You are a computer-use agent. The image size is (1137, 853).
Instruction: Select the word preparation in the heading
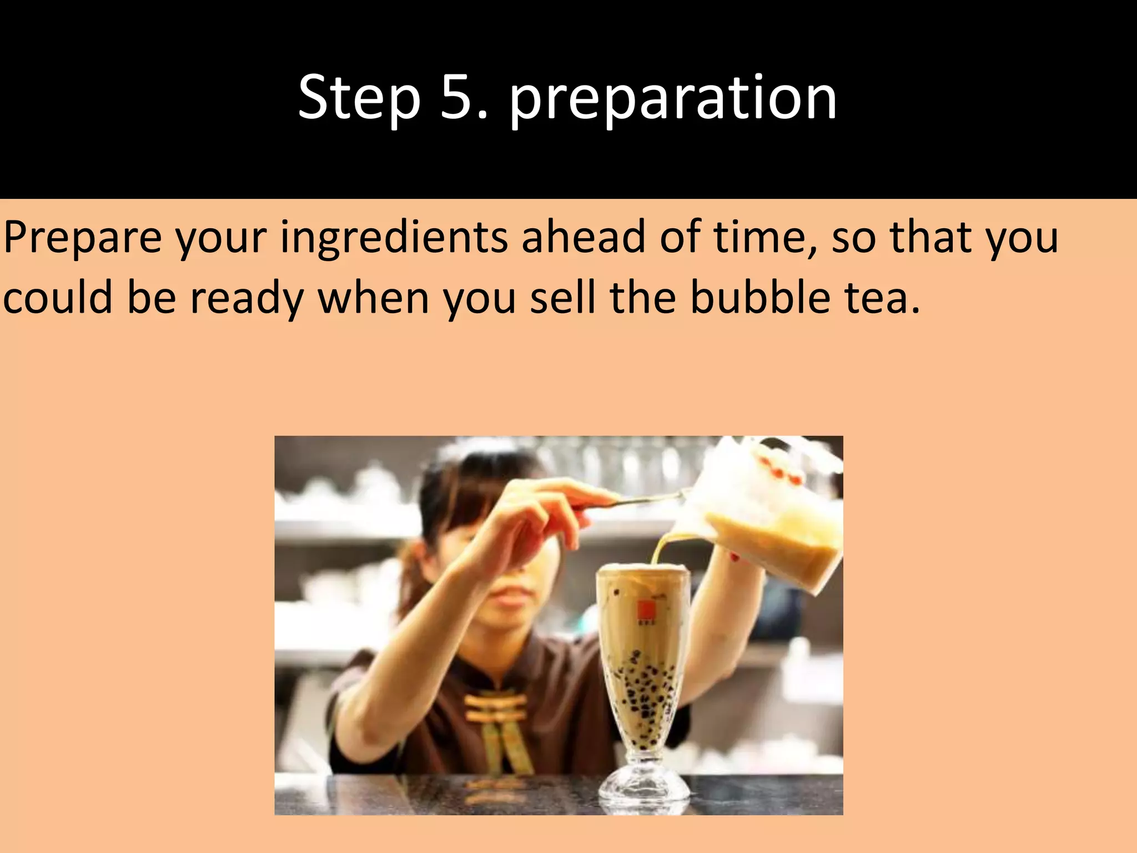coord(673,100)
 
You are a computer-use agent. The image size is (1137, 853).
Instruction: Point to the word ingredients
coord(394,238)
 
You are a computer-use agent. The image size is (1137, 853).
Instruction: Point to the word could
coord(58,298)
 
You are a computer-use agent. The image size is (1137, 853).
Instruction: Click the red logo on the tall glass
coord(645,609)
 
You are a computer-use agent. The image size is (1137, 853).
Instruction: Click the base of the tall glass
coord(644,786)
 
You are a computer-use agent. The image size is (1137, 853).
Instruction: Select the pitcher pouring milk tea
coord(772,516)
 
